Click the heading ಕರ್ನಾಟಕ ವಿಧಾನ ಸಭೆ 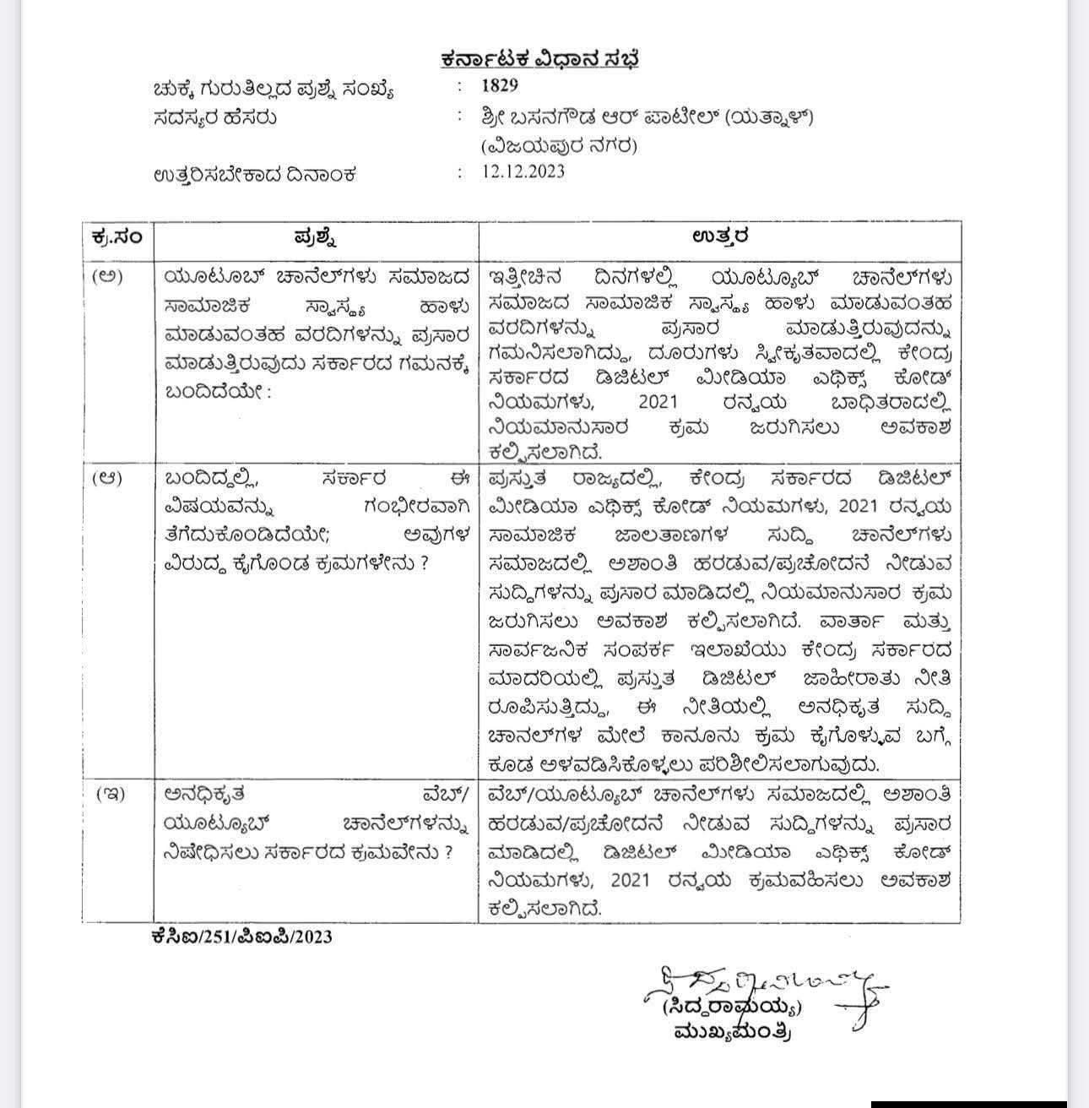point(544,59)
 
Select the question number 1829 point(500,85)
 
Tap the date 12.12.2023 point(523,171)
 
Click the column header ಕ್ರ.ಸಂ point(117,236)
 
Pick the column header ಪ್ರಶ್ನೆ point(317,236)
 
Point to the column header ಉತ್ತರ point(719,236)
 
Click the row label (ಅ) point(107,276)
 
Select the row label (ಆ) point(107,477)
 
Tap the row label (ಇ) point(110,794)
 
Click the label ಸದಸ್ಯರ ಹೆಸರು point(215,117)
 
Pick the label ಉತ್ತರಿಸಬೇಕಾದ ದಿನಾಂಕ point(255,175)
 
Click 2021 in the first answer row point(658,402)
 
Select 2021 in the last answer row point(631,880)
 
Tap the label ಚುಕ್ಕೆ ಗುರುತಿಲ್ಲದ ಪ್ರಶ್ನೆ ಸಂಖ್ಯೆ point(274,88)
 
